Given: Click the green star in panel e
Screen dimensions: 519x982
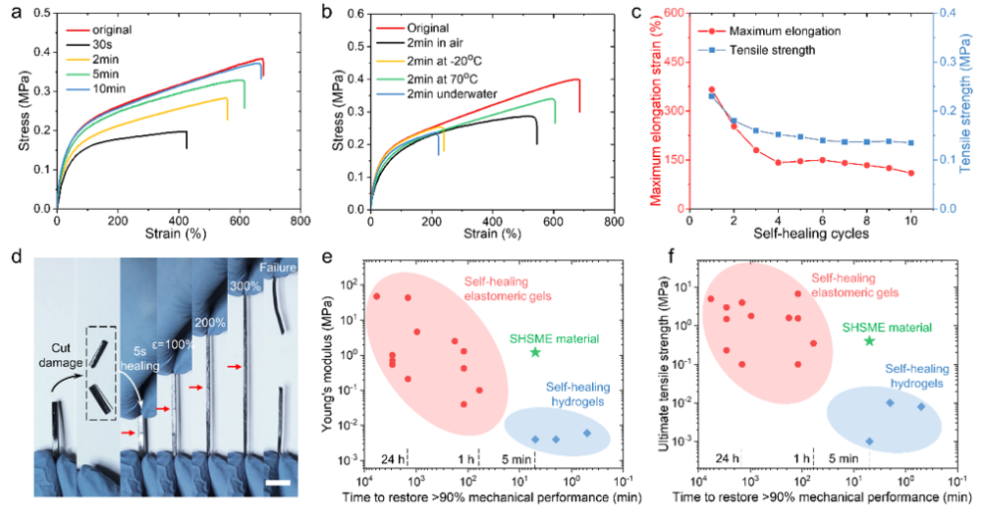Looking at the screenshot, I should (535, 351).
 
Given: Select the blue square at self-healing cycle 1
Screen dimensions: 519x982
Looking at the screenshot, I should (711, 96).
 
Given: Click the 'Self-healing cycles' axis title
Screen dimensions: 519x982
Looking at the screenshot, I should (811, 235).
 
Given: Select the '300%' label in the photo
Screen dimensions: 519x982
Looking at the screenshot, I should (244, 285).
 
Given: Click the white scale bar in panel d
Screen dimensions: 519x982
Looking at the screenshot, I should (278, 482).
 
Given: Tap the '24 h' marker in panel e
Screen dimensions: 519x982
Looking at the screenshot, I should (394, 457).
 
